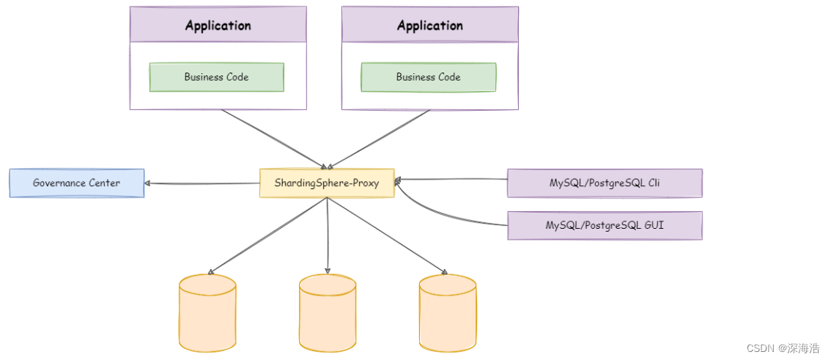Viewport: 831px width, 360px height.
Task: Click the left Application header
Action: click(x=218, y=25)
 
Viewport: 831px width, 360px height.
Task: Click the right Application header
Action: click(x=429, y=25)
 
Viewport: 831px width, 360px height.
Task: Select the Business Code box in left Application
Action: click(x=216, y=77)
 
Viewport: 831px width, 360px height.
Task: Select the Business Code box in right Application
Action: click(x=428, y=77)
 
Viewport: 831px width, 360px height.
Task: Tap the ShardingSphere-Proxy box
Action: click(x=327, y=183)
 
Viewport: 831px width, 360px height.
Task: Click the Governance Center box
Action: click(x=76, y=183)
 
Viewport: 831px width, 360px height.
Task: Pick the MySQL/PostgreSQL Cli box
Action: click(x=605, y=183)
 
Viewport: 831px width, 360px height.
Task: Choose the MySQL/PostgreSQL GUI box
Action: click(x=605, y=225)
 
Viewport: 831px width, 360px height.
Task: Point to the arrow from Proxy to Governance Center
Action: click(x=202, y=183)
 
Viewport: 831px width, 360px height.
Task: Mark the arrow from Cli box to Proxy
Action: click(x=451, y=179)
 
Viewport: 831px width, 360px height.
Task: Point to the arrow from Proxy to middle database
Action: click(x=328, y=235)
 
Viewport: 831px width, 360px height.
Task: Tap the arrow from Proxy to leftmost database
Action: click(x=267, y=235)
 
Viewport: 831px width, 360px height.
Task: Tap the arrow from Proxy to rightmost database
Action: click(x=387, y=235)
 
